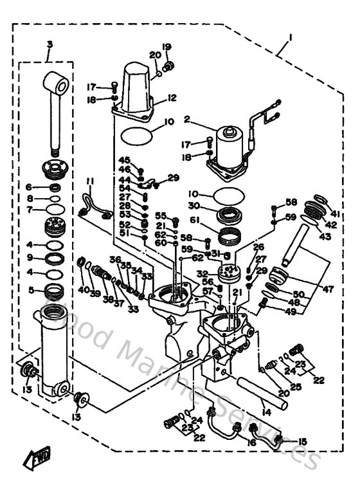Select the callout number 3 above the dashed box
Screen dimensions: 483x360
click(x=50, y=44)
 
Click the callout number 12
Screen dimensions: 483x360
click(x=171, y=98)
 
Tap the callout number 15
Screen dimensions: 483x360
click(x=303, y=441)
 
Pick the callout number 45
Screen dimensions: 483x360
click(x=124, y=160)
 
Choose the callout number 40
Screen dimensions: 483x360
click(x=83, y=289)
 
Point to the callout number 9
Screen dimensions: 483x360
click(x=30, y=257)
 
